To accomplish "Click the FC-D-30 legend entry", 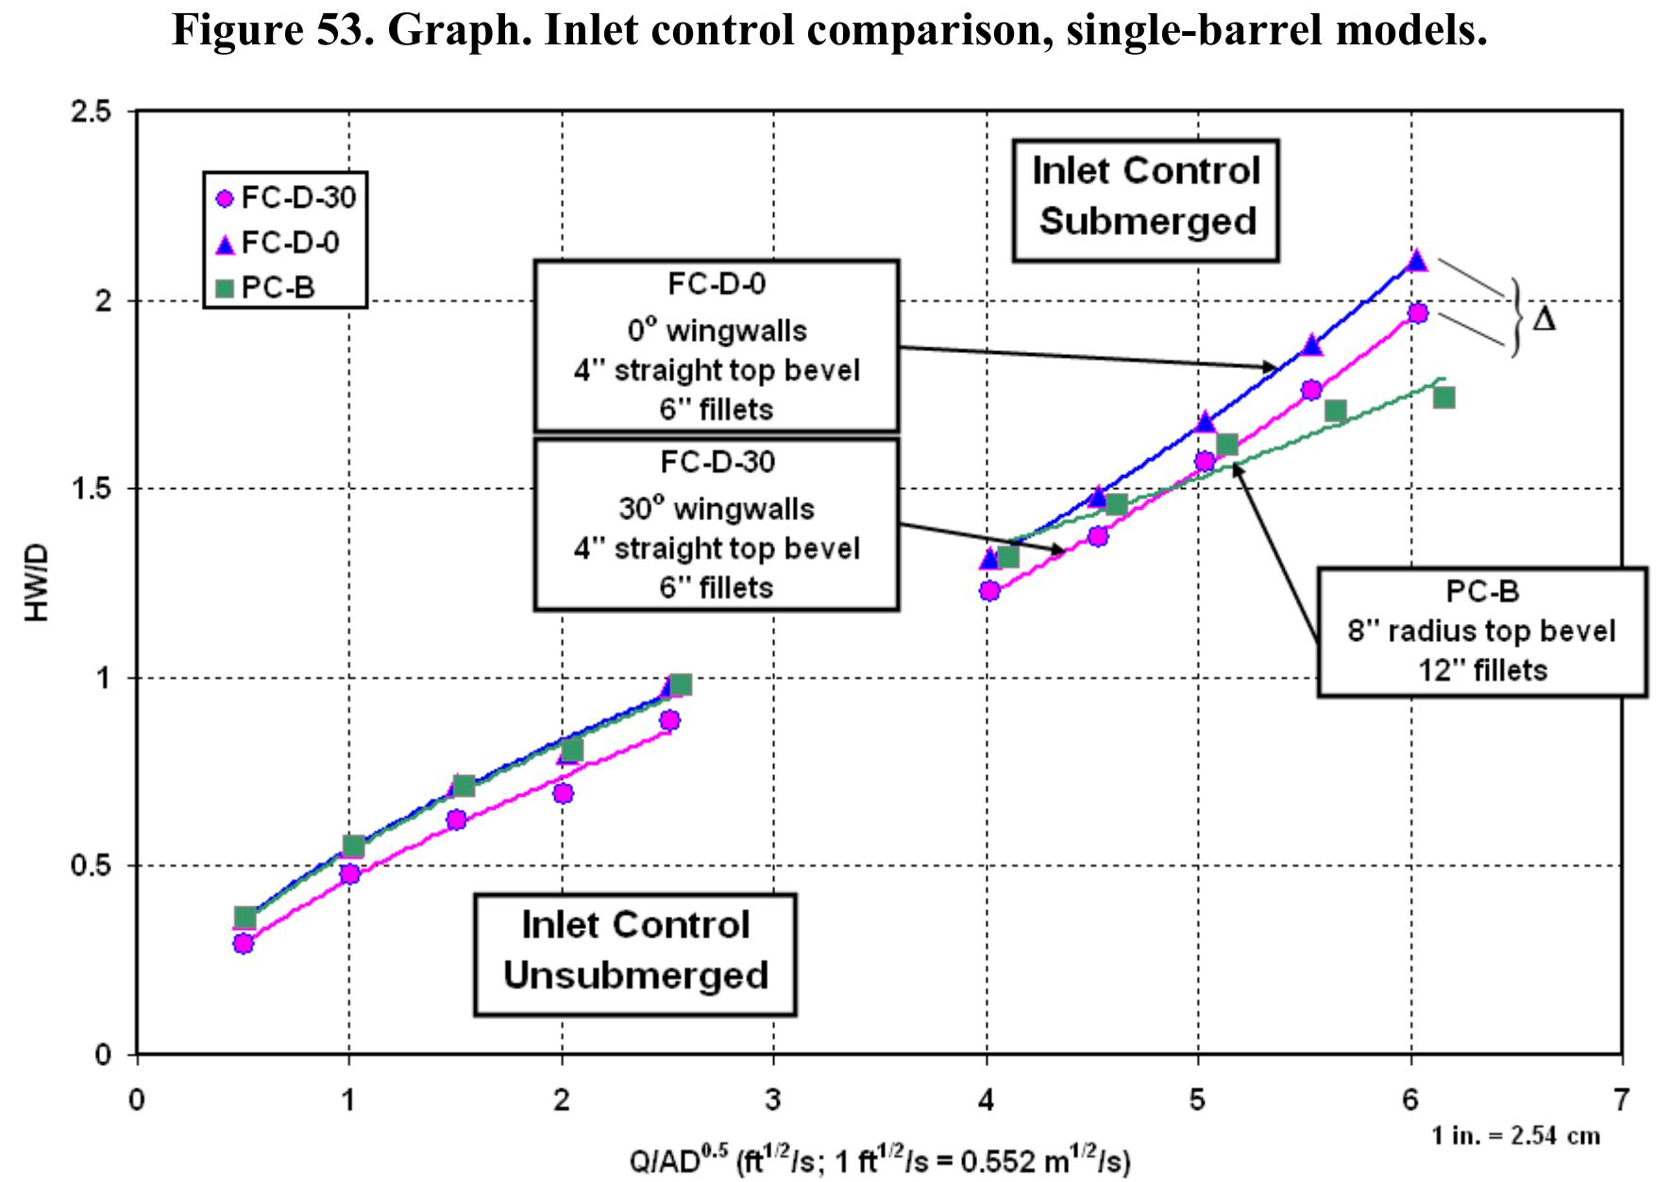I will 285,199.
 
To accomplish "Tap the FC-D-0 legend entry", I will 278,244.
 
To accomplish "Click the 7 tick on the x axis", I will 1621,1101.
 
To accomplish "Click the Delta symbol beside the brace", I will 1544,319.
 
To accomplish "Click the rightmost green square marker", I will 1443,397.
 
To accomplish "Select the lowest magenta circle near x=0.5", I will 244,943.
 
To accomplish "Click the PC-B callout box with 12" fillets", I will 1481,632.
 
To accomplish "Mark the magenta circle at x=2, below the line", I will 563,793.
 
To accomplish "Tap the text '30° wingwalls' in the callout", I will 716,509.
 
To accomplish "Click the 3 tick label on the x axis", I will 773,1101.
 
